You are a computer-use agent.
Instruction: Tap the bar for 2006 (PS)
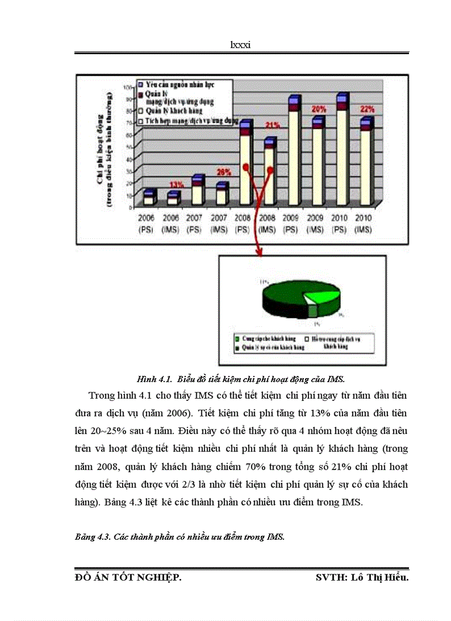coord(149,198)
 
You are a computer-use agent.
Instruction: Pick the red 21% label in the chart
coord(272,126)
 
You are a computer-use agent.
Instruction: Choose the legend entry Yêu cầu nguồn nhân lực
coord(180,85)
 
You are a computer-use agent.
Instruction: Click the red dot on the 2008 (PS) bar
coord(245,167)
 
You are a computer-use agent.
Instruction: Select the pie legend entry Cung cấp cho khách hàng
coord(264,338)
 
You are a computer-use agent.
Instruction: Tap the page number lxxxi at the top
coord(241,45)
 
